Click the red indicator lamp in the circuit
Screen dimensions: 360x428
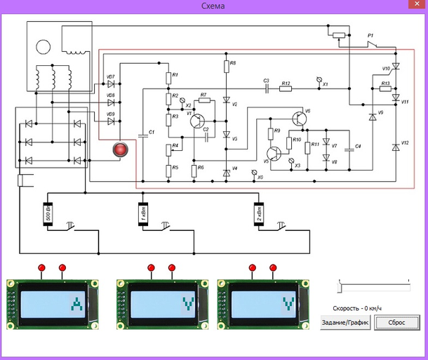pyautogui.click(x=121, y=149)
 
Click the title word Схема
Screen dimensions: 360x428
pyautogui.click(x=213, y=6)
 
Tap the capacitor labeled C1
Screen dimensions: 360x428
pyautogui.click(x=142, y=134)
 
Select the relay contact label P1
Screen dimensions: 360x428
pyautogui.click(x=372, y=34)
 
